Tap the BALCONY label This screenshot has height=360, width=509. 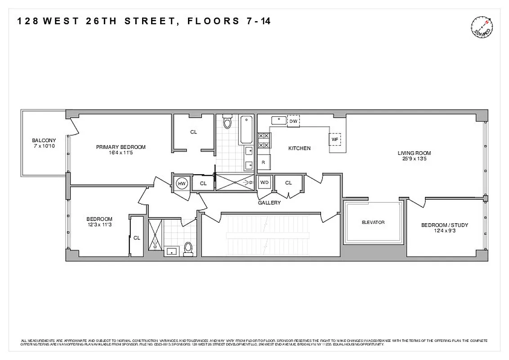(x=44, y=140)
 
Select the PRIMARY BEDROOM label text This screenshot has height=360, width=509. (x=121, y=147)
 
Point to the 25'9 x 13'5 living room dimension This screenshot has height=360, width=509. (x=414, y=159)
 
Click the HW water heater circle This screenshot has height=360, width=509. (x=182, y=183)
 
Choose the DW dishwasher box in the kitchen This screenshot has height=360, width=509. (x=293, y=121)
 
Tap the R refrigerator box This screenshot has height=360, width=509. (x=263, y=162)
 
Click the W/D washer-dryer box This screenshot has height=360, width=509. (x=264, y=183)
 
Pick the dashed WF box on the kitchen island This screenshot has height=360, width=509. (x=335, y=139)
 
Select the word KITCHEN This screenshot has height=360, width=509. (x=299, y=148)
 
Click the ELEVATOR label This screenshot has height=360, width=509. (x=373, y=222)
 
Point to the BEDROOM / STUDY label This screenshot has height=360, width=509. (x=444, y=225)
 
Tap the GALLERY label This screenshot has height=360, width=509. (x=269, y=202)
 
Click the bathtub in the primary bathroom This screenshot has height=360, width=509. (x=247, y=130)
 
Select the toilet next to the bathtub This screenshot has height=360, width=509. (x=227, y=122)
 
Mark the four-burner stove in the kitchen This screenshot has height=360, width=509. (x=263, y=140)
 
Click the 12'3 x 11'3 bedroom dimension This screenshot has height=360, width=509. (x=99, y=225)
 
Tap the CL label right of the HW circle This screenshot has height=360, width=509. (x=203, y=183)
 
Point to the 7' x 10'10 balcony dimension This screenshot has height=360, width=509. (x=44, y=146)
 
